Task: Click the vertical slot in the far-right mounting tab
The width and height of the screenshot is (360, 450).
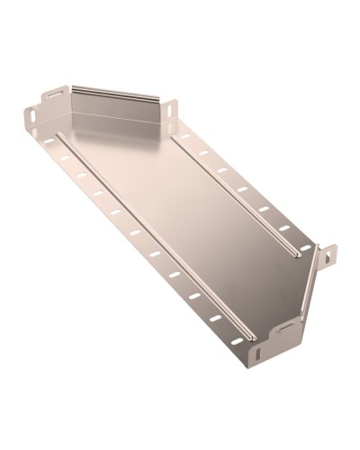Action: [328, 256]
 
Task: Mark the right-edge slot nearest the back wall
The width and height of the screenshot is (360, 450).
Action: [185, 137]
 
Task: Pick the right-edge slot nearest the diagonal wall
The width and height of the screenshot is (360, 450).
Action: [304, 247]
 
